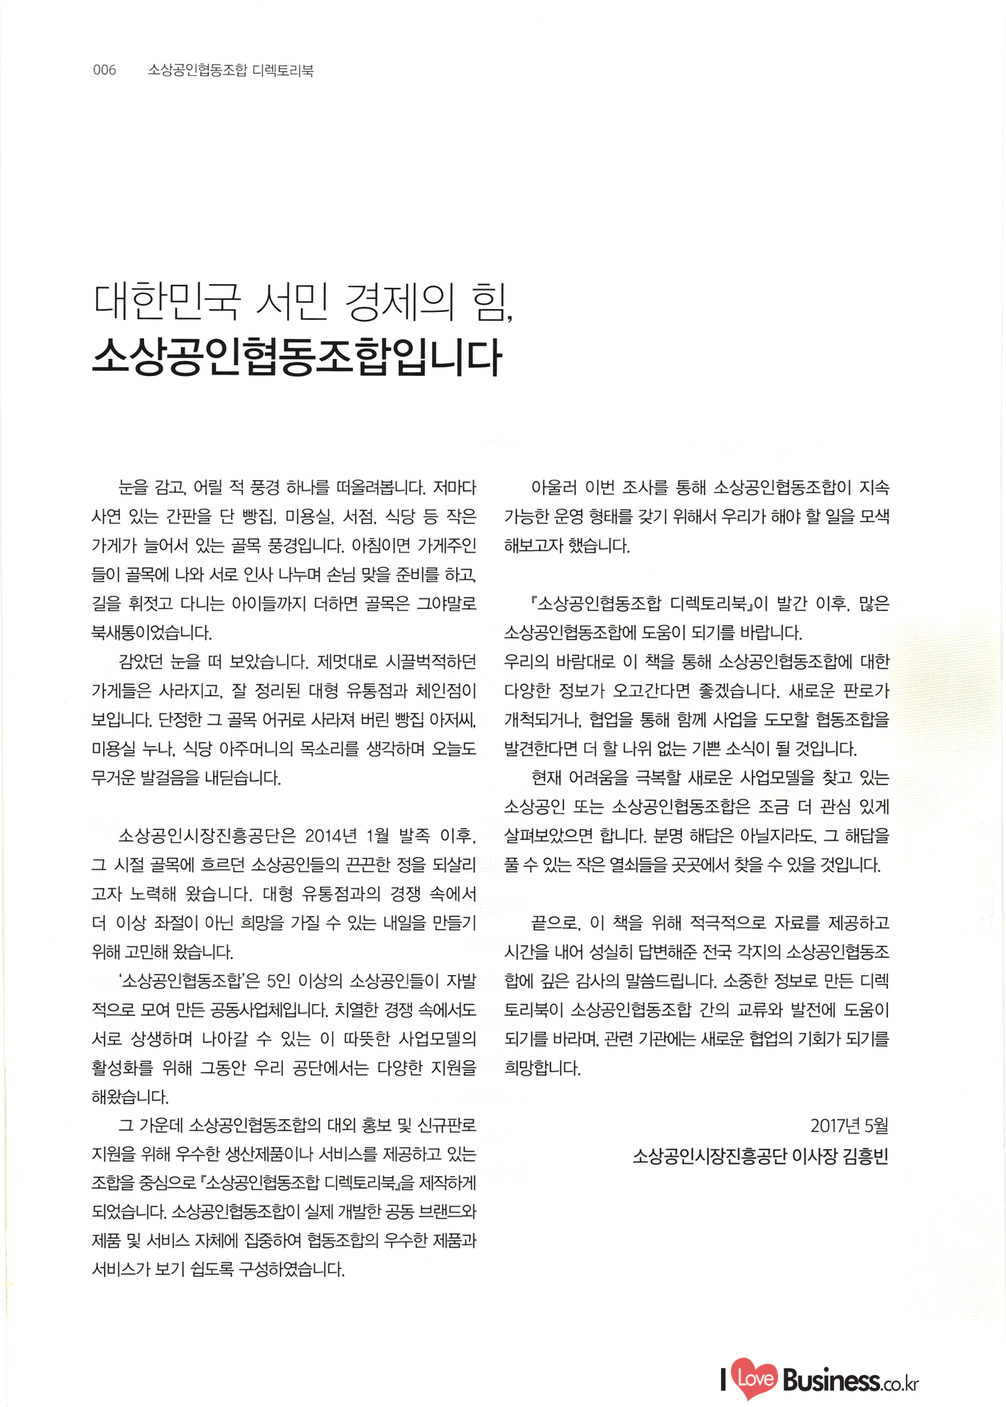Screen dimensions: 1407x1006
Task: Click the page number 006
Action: click(104, 70)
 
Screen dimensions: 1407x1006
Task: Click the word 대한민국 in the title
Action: click(167, 302)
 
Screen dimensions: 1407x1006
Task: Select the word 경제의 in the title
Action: click(398, 302)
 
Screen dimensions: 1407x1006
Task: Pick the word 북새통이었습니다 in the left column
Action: click(151, 632)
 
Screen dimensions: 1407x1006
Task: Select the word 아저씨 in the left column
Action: click(449, 720)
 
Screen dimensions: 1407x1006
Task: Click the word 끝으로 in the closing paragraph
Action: click(556, 923)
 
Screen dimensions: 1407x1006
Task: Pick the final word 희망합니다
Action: click(542, 1069)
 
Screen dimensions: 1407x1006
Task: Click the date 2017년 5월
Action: click(849, 1126)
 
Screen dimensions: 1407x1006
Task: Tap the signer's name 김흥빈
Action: click(865, 1157)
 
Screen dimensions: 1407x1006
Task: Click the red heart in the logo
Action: click(754, 1379)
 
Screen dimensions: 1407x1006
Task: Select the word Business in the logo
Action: click(831, 1380)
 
